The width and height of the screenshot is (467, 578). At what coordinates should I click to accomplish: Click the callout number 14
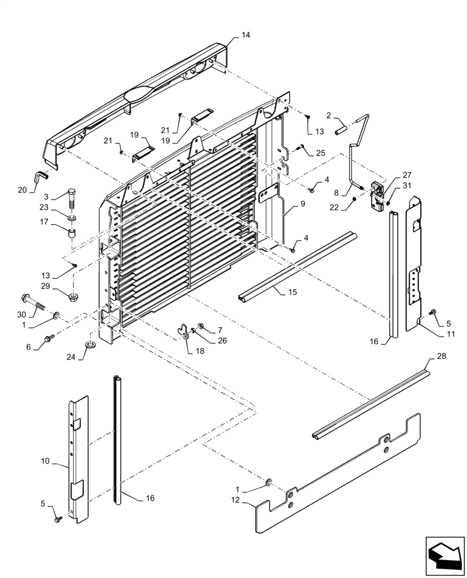[246, 35]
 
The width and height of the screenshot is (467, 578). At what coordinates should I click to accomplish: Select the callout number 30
[21, 314]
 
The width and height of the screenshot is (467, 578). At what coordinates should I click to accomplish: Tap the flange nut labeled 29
[73, 298]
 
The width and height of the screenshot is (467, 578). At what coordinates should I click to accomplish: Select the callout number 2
[328, 116]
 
